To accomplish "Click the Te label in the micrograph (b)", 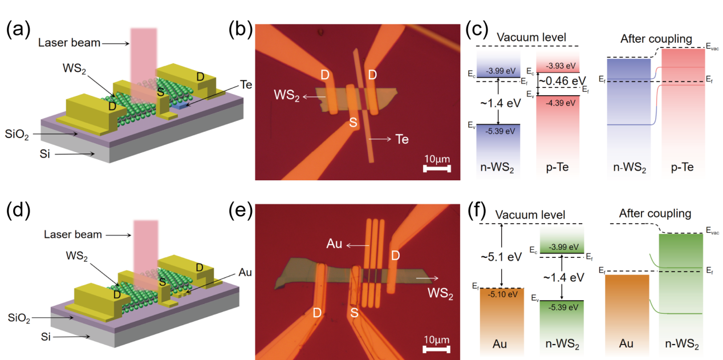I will coord(403,139).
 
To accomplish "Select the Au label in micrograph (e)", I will coord(335,246).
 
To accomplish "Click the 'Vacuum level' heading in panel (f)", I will coord(530,215).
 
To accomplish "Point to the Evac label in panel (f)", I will coord(711,231).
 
